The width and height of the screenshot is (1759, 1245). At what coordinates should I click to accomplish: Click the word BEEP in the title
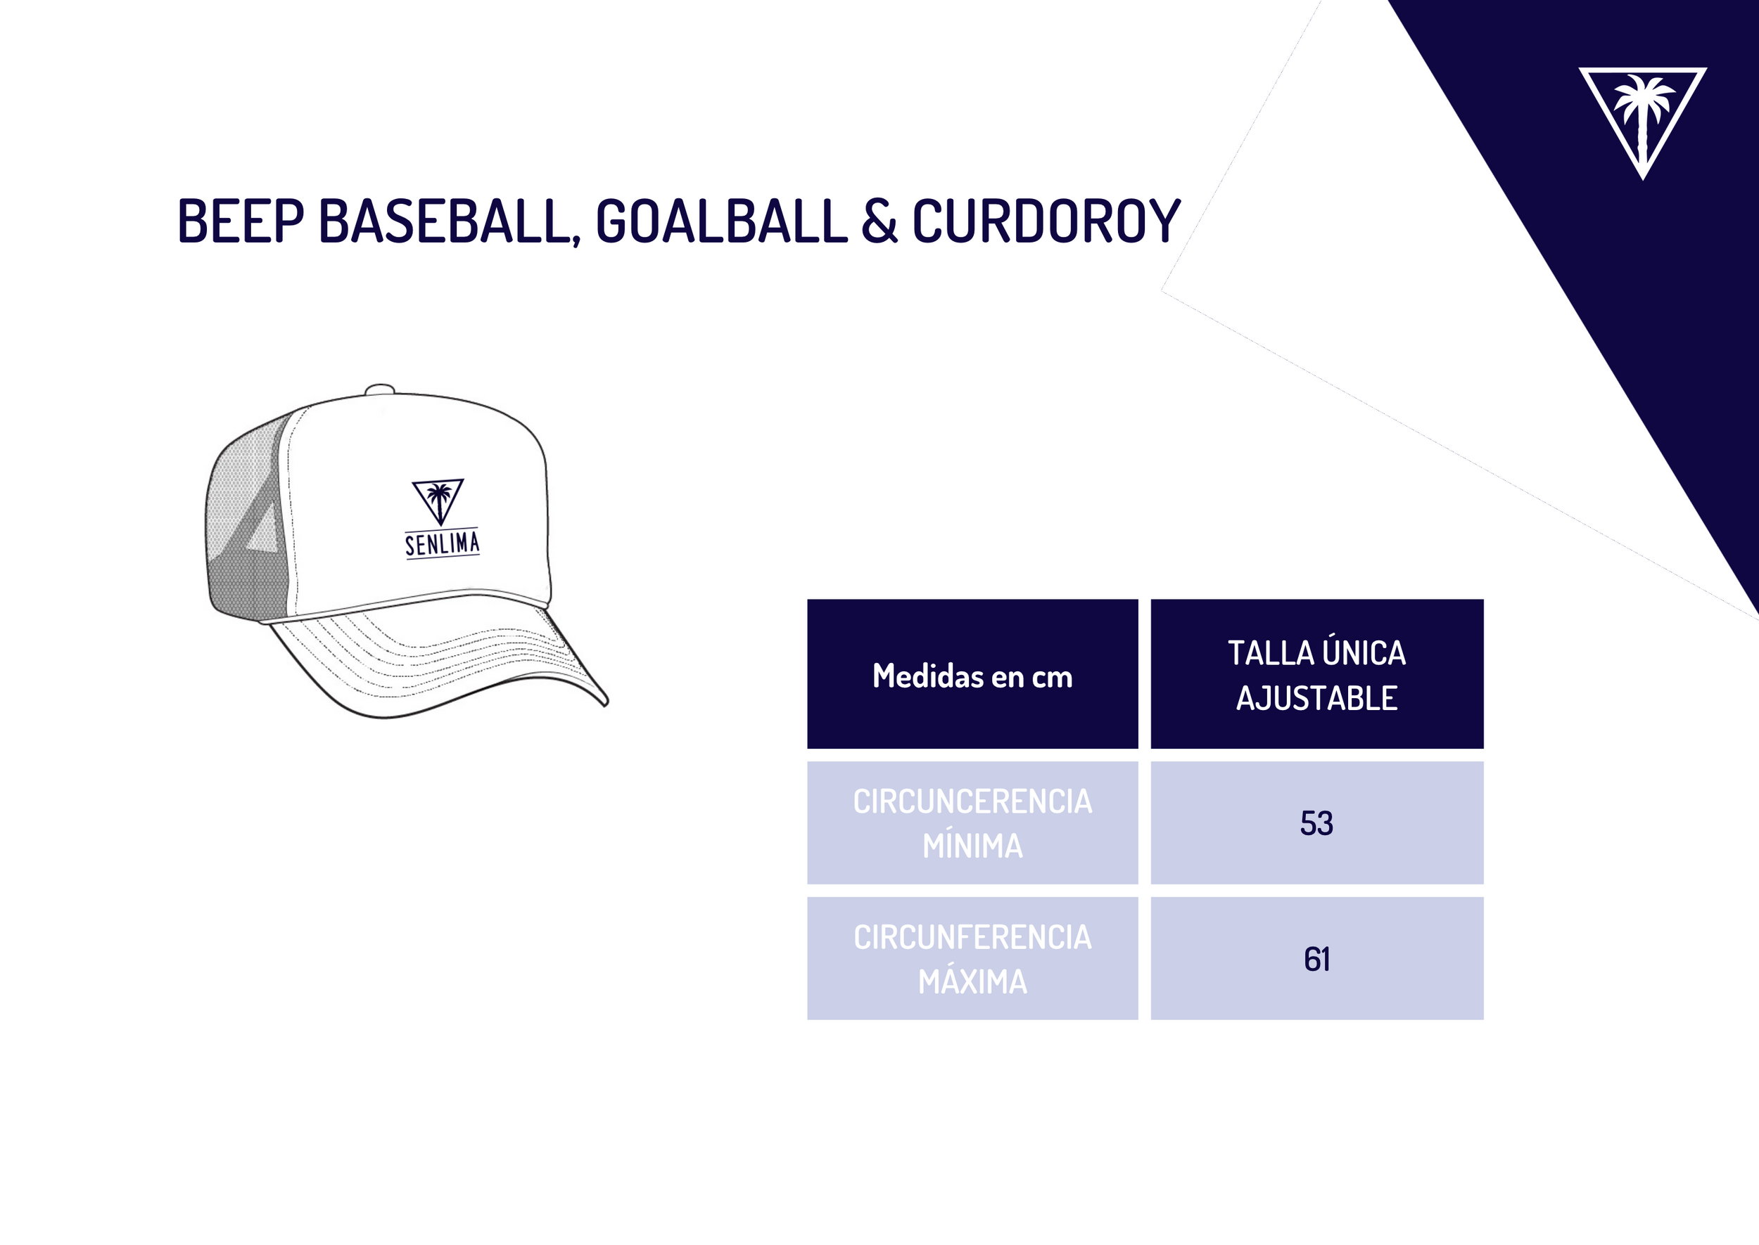pyautogui.click(x=240, y=221)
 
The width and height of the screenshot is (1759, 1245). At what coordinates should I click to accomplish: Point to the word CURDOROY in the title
pyautogui.click(x=1046, y=221)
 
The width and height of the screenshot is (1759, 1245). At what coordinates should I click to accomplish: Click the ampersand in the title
pyautogui.click(x=878, y=221)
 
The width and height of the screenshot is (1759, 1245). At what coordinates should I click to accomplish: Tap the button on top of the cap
pyautogui.click(x=380, y=389)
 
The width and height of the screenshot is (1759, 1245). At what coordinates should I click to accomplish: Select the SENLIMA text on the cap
pyautogui.click(x=443, y=543)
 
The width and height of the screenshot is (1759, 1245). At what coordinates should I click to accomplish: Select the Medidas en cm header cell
pyautogui.click(x=972, y=674)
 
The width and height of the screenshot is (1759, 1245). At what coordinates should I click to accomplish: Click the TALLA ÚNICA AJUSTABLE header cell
pyautogui.click(x=1317, y=674)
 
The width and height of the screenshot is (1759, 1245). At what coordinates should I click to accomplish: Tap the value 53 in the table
pyautogui.click(x=1317, y=823)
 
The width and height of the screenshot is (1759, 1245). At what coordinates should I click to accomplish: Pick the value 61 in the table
pyautogui.click(x=1317, y=959)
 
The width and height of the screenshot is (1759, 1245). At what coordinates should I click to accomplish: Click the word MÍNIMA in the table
pyautogui.click(x=972, y=846)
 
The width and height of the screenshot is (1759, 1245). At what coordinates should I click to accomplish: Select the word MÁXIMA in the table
pyautogui.click(x=972, y=981)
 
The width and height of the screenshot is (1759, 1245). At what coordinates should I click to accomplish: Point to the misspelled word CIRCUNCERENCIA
pyautogui.click(x=972, y=802)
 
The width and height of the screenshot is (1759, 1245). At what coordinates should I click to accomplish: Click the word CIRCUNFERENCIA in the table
pyautogui.click(x=972, y=938)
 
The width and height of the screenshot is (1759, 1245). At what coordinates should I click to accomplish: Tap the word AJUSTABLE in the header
pyautogui.click(x=1317, y=698)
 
